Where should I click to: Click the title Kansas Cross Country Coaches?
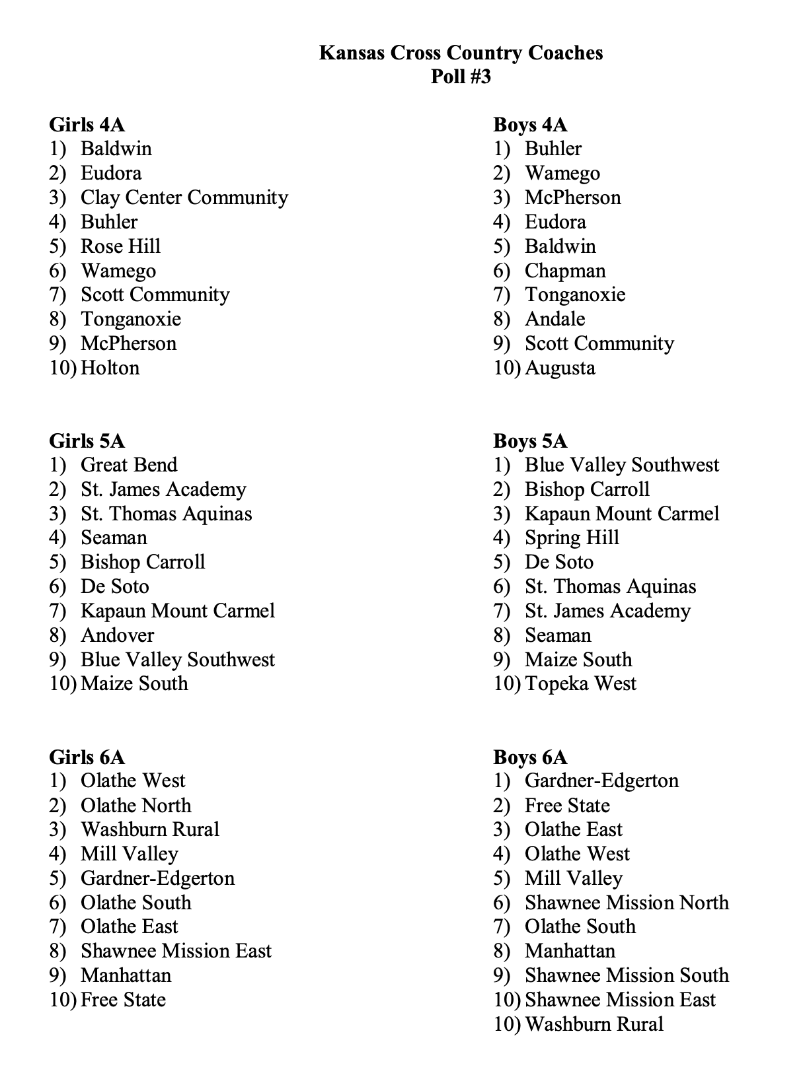(461, 53)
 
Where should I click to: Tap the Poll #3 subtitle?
(461, 77)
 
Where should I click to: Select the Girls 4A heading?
(87, 125)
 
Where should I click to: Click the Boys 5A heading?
(530, 441)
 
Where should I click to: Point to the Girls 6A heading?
(87, 757)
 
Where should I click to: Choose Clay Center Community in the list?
(184, 197)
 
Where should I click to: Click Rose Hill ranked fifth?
(120, 246)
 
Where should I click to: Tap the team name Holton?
(110, 368)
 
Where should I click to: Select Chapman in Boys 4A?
(565, 271)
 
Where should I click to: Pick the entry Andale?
(555, 319)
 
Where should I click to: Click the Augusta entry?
(560, 368)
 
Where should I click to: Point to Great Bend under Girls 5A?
(129, 465)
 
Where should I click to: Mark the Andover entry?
(117, 635)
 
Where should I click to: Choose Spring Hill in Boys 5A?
(572, 538)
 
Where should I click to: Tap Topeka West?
(580, 683)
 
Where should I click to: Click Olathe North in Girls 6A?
(135, 806)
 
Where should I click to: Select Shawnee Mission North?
(627, 903)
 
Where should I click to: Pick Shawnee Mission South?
(627, 975)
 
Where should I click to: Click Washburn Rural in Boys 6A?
(594, 1024)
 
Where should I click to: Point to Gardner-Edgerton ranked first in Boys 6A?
(601, 781)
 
